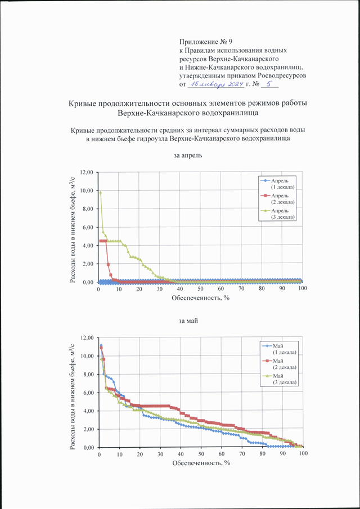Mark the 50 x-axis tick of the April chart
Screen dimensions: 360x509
click(x=200, y=289)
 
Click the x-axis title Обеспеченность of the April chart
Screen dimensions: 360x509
click(x=201, y=298)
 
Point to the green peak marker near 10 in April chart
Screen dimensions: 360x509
click(x=101, y=192)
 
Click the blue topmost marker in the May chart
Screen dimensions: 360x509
click(x=101, y=345)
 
